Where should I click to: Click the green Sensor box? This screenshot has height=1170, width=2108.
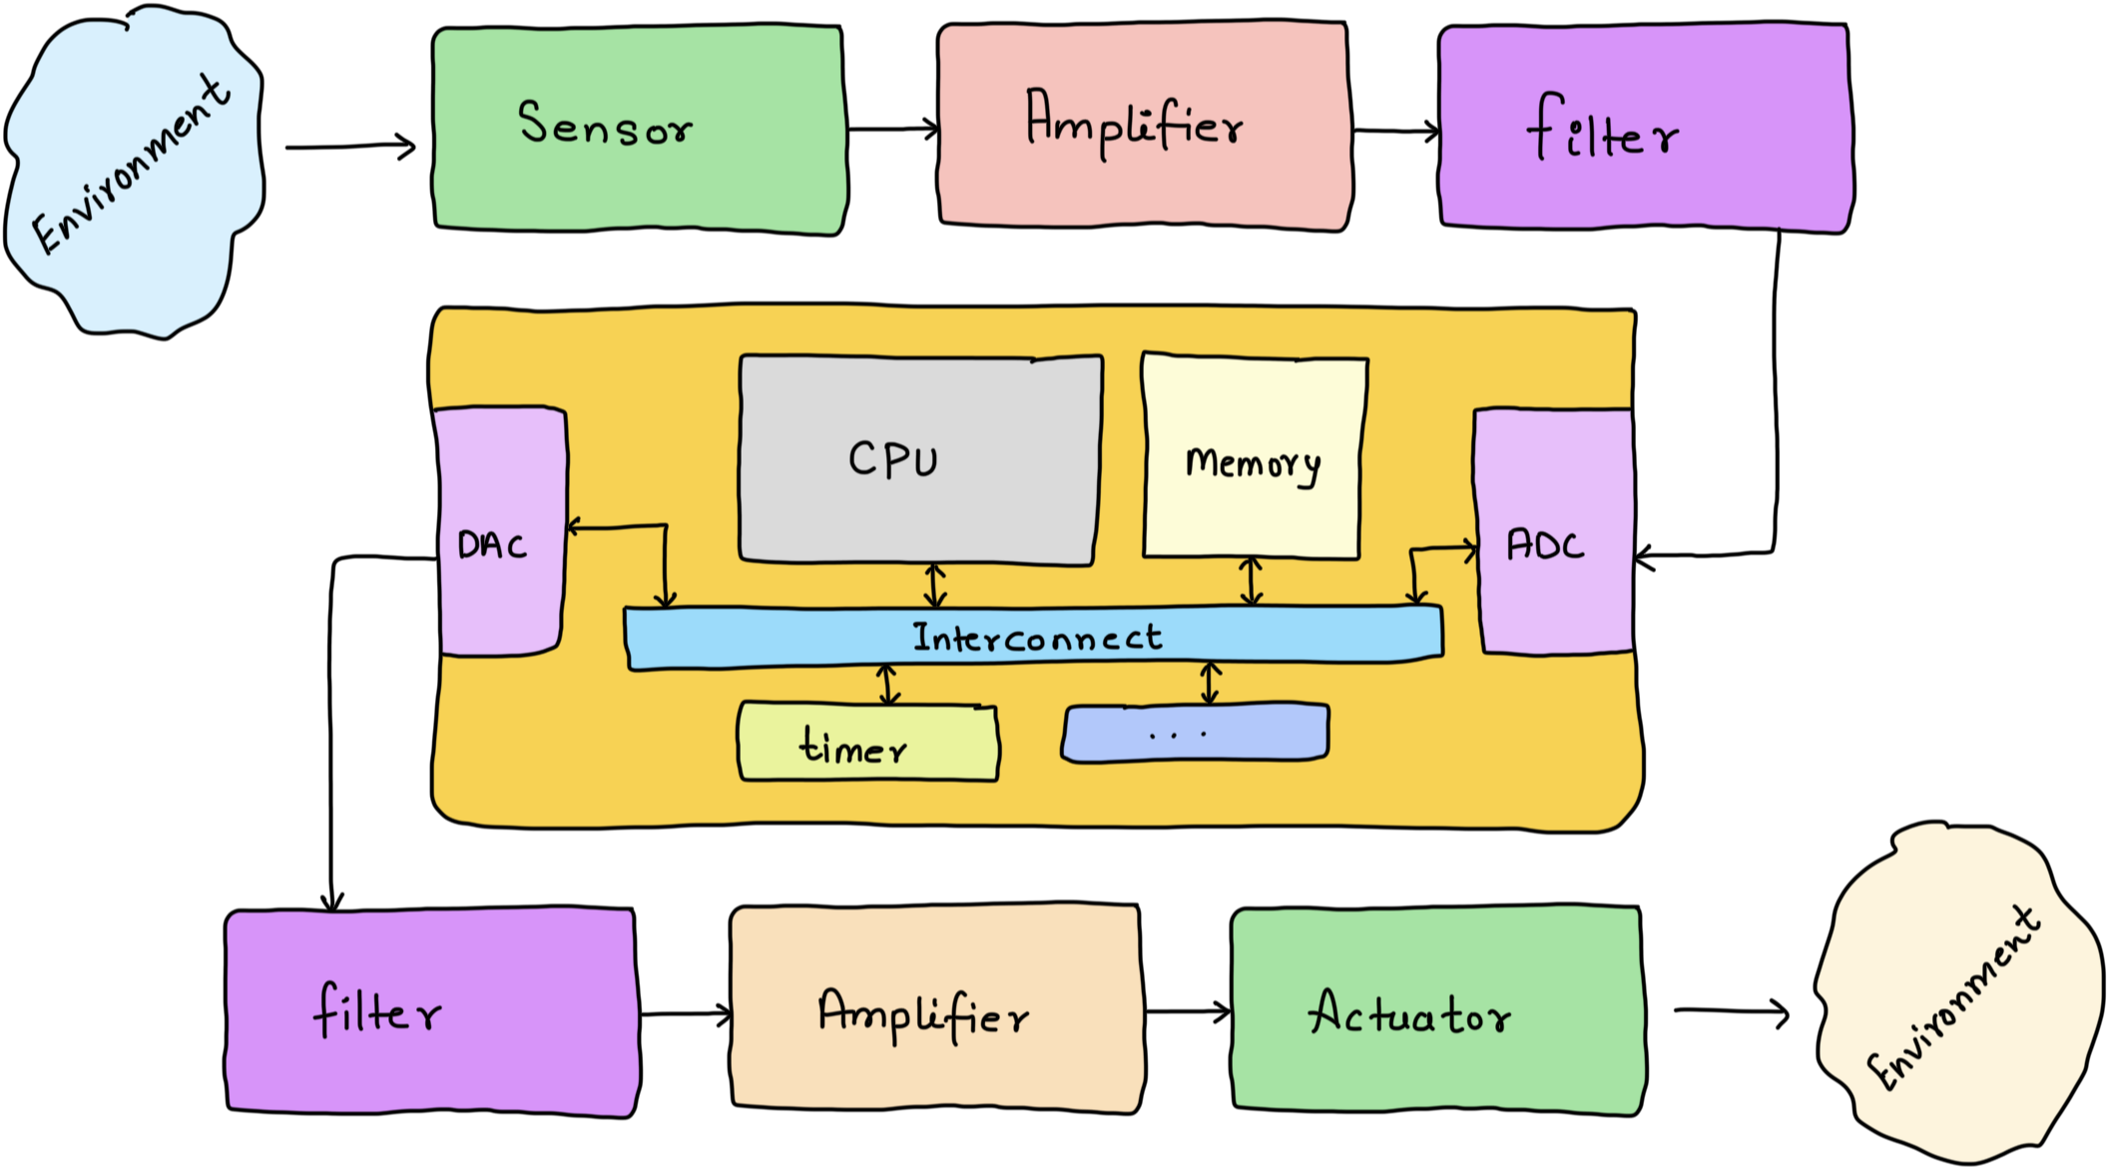tap(639, 129)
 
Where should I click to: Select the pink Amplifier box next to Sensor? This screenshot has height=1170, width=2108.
tap(1144, 126)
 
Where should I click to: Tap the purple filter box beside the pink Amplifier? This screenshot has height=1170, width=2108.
tap(1645, 128)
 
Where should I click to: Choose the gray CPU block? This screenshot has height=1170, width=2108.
tap(919, 460)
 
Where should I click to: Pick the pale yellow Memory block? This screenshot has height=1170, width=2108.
tap(1254, 457)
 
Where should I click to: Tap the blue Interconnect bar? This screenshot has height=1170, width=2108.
tap(1033, 636)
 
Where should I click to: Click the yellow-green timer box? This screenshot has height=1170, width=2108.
tap(867, 744)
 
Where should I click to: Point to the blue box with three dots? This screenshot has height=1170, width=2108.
tap(1195, 734)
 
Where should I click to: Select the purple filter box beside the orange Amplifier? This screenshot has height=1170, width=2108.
tap(431, 1010)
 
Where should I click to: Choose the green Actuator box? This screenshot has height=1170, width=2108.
tap(1437, 1010)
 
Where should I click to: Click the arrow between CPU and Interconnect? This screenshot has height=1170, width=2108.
tap(934, 585)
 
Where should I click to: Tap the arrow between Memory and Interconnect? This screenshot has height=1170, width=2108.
tap(1251, 581)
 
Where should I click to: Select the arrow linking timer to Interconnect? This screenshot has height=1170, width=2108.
tap(888, 685)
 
